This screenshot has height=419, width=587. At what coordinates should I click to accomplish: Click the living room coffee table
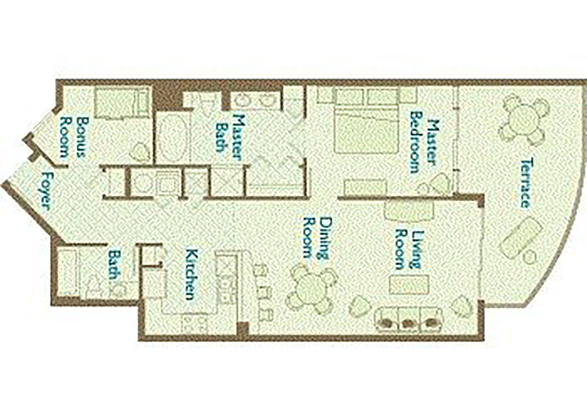409,284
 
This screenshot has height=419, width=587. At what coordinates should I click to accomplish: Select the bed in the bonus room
122,103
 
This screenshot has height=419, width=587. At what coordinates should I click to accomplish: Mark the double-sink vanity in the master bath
256,100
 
